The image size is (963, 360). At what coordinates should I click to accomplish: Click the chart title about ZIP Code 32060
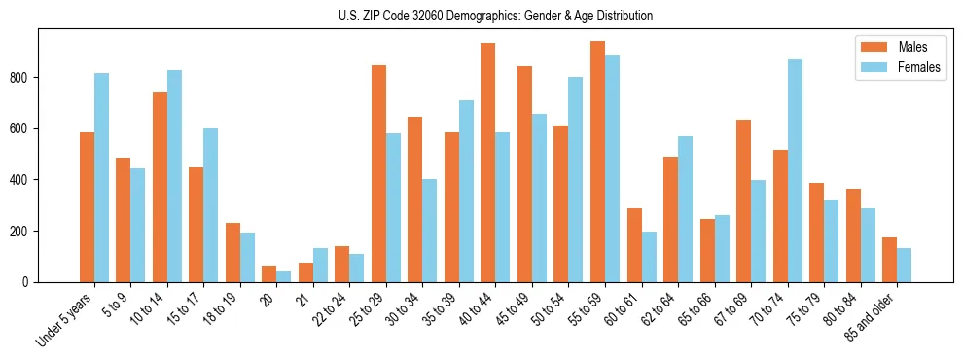point(481,16)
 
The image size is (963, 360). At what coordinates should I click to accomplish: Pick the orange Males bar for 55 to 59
point(597,162)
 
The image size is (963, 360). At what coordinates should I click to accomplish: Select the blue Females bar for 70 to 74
point(795,171)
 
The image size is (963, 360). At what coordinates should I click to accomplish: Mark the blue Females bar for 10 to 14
point(174,176)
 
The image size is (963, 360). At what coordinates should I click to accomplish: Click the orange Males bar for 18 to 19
point(232,253)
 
